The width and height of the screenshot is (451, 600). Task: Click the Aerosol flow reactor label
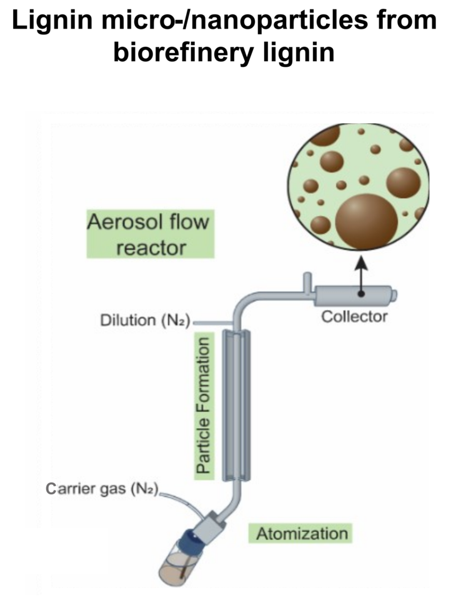151,234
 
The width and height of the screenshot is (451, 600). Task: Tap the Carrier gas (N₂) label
103,488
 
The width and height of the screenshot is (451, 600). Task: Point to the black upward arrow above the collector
361,275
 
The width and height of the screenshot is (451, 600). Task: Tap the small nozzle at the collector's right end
395,293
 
